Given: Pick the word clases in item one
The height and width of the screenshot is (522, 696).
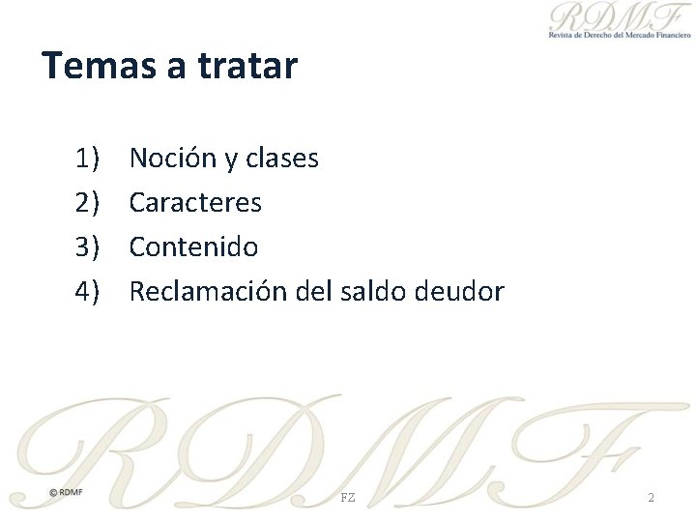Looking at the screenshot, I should pos(281,158).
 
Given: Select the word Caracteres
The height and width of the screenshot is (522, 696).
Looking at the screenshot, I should pos(195,203).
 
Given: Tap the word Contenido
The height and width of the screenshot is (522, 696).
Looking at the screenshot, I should pos(193,247).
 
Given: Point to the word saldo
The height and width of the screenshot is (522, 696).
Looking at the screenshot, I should pos(375,292).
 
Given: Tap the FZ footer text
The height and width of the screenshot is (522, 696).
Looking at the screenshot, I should pos(348,497).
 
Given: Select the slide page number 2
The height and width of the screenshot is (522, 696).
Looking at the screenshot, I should pos(651,497).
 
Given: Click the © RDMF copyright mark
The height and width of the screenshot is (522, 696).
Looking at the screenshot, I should pos(67,492).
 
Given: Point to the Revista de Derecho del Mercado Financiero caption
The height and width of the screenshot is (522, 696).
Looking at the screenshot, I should pos(620,35).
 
